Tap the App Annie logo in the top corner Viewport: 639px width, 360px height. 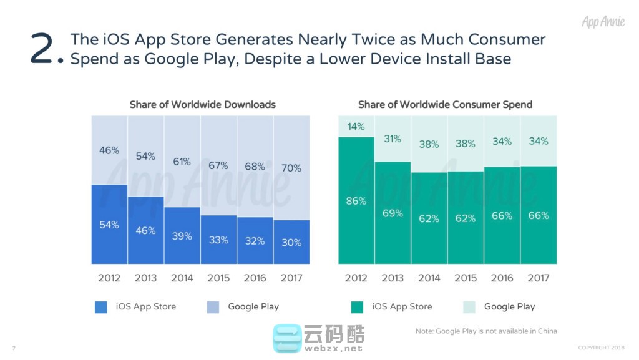point(602,22)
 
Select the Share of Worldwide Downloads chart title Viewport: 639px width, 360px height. point(202,104)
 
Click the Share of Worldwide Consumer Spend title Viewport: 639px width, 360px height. point(445,104)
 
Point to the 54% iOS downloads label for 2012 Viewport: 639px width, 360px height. point(109,225)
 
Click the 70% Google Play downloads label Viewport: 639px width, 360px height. point(291,168)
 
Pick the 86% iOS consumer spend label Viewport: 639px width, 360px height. point(356,201)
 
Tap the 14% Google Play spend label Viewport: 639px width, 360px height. point(356,127)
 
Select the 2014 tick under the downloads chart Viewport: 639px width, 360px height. point(182,278)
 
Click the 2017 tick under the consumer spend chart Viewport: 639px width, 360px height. point(538,278)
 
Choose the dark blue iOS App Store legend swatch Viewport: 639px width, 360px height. point(101,307)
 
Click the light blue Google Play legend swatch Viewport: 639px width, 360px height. point(212,307)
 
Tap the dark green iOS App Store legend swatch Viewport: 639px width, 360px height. point(357,307)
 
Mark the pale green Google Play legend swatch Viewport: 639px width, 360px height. point(469,307)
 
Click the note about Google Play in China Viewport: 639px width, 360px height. point(486,331)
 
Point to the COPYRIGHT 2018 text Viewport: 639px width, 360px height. point(601,348)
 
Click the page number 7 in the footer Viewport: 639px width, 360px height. point(14,348)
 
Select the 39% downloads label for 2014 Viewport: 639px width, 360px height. point(182,236)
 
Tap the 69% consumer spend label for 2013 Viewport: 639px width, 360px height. point(393,213)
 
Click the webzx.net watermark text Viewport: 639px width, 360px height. point(333,348)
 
